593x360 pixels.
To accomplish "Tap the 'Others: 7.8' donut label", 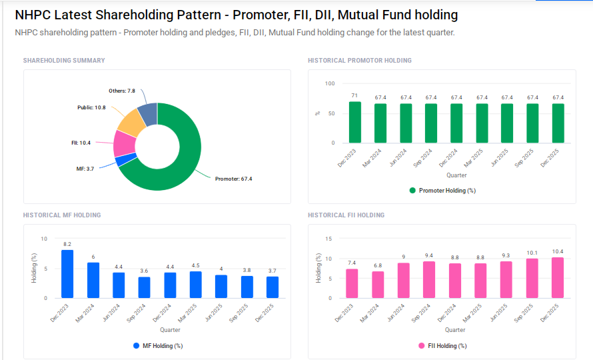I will coord(122,91).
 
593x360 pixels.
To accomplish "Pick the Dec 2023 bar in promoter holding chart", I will coord(355,122).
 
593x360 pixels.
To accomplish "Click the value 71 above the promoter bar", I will coord(355,96).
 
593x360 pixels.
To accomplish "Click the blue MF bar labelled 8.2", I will coord(67,274).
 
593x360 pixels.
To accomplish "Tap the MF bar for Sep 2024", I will coord(144,287).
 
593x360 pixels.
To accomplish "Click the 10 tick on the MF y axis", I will coord(44,239).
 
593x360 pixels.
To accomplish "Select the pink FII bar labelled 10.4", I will coord(558,277).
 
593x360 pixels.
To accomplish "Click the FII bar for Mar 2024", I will coord(378,285).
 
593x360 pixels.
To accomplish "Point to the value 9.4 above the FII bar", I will coord(429,255).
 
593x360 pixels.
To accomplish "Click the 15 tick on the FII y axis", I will coord(328,239).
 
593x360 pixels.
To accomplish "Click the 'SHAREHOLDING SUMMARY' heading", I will coord(64,61).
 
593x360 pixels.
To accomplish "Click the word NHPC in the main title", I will coord(33,15).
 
